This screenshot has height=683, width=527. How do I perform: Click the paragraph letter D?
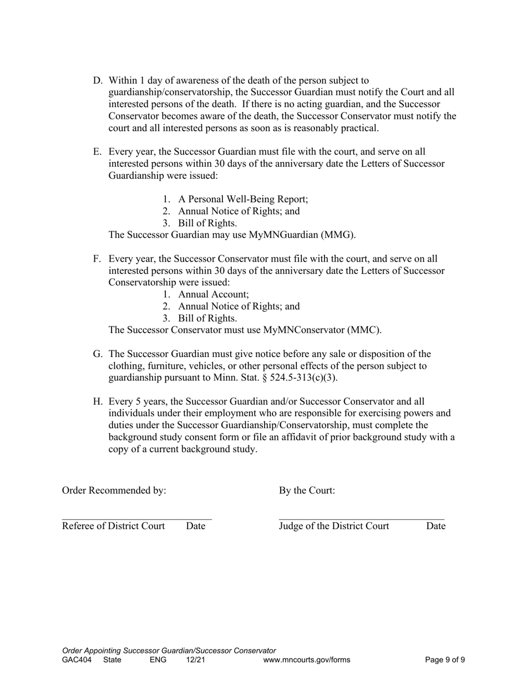pyautogui.click(x=97, y=81)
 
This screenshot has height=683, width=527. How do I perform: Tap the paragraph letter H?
pyautogui.click(x=97, y=401)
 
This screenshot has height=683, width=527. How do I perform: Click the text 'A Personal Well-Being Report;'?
pyautogui.click(x=243, y=199)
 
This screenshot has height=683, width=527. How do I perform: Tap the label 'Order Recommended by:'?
pyautogui.click(x=114, y=491)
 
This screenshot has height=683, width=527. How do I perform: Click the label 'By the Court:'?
pyautogui.click(x=307, y=491)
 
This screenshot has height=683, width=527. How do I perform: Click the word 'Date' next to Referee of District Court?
pyautogui.click(x=196, y=526)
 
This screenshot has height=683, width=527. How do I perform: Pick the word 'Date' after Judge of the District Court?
pyautogui.click(x=435, y=526)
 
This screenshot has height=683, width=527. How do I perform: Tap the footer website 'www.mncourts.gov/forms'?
pyautogui.click(x=307, y=660)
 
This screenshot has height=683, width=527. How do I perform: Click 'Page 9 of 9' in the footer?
pyautogui.click(x=445, y=660)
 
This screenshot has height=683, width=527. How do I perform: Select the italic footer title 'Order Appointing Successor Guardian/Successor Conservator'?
pyautogui.click(x=169, y=651)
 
